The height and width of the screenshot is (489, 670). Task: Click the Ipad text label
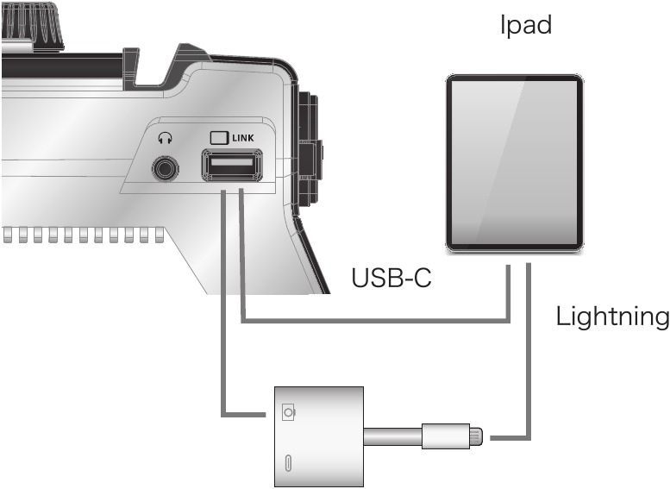(525, 25)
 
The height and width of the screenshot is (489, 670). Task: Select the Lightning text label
(612, 317)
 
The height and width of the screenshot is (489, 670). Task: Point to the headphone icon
(165, 136)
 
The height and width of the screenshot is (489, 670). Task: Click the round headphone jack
(165, 167)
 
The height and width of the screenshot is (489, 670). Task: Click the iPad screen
(514, 162)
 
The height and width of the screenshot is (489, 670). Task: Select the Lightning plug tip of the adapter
(477, 436)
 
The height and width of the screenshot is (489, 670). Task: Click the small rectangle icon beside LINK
(218, 136)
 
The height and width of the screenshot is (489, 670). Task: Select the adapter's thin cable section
(392, 436)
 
